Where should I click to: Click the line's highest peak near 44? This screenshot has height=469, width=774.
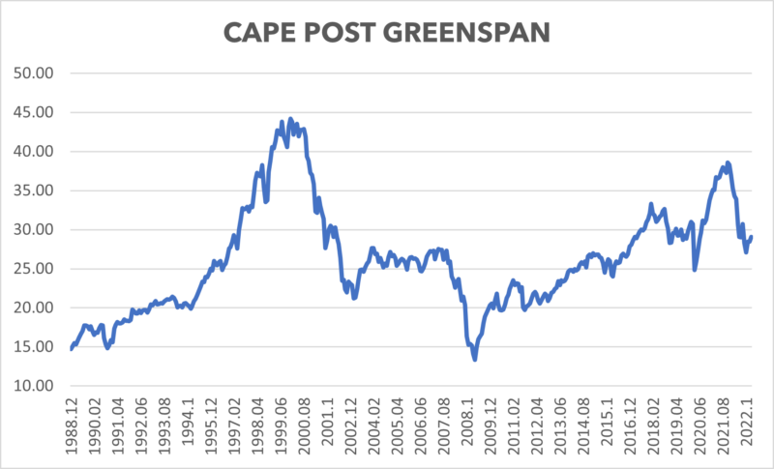click(x=290, y=119)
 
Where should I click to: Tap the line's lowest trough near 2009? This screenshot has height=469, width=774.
click(x=474, y=360)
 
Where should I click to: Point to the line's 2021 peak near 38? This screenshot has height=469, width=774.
click(x=728, y=162)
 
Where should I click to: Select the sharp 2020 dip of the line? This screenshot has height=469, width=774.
click(x=695, y=269)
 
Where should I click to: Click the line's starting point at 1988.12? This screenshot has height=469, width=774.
click(x=72, y=349)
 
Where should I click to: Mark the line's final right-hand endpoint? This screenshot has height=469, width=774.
click(x=752, y=237)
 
